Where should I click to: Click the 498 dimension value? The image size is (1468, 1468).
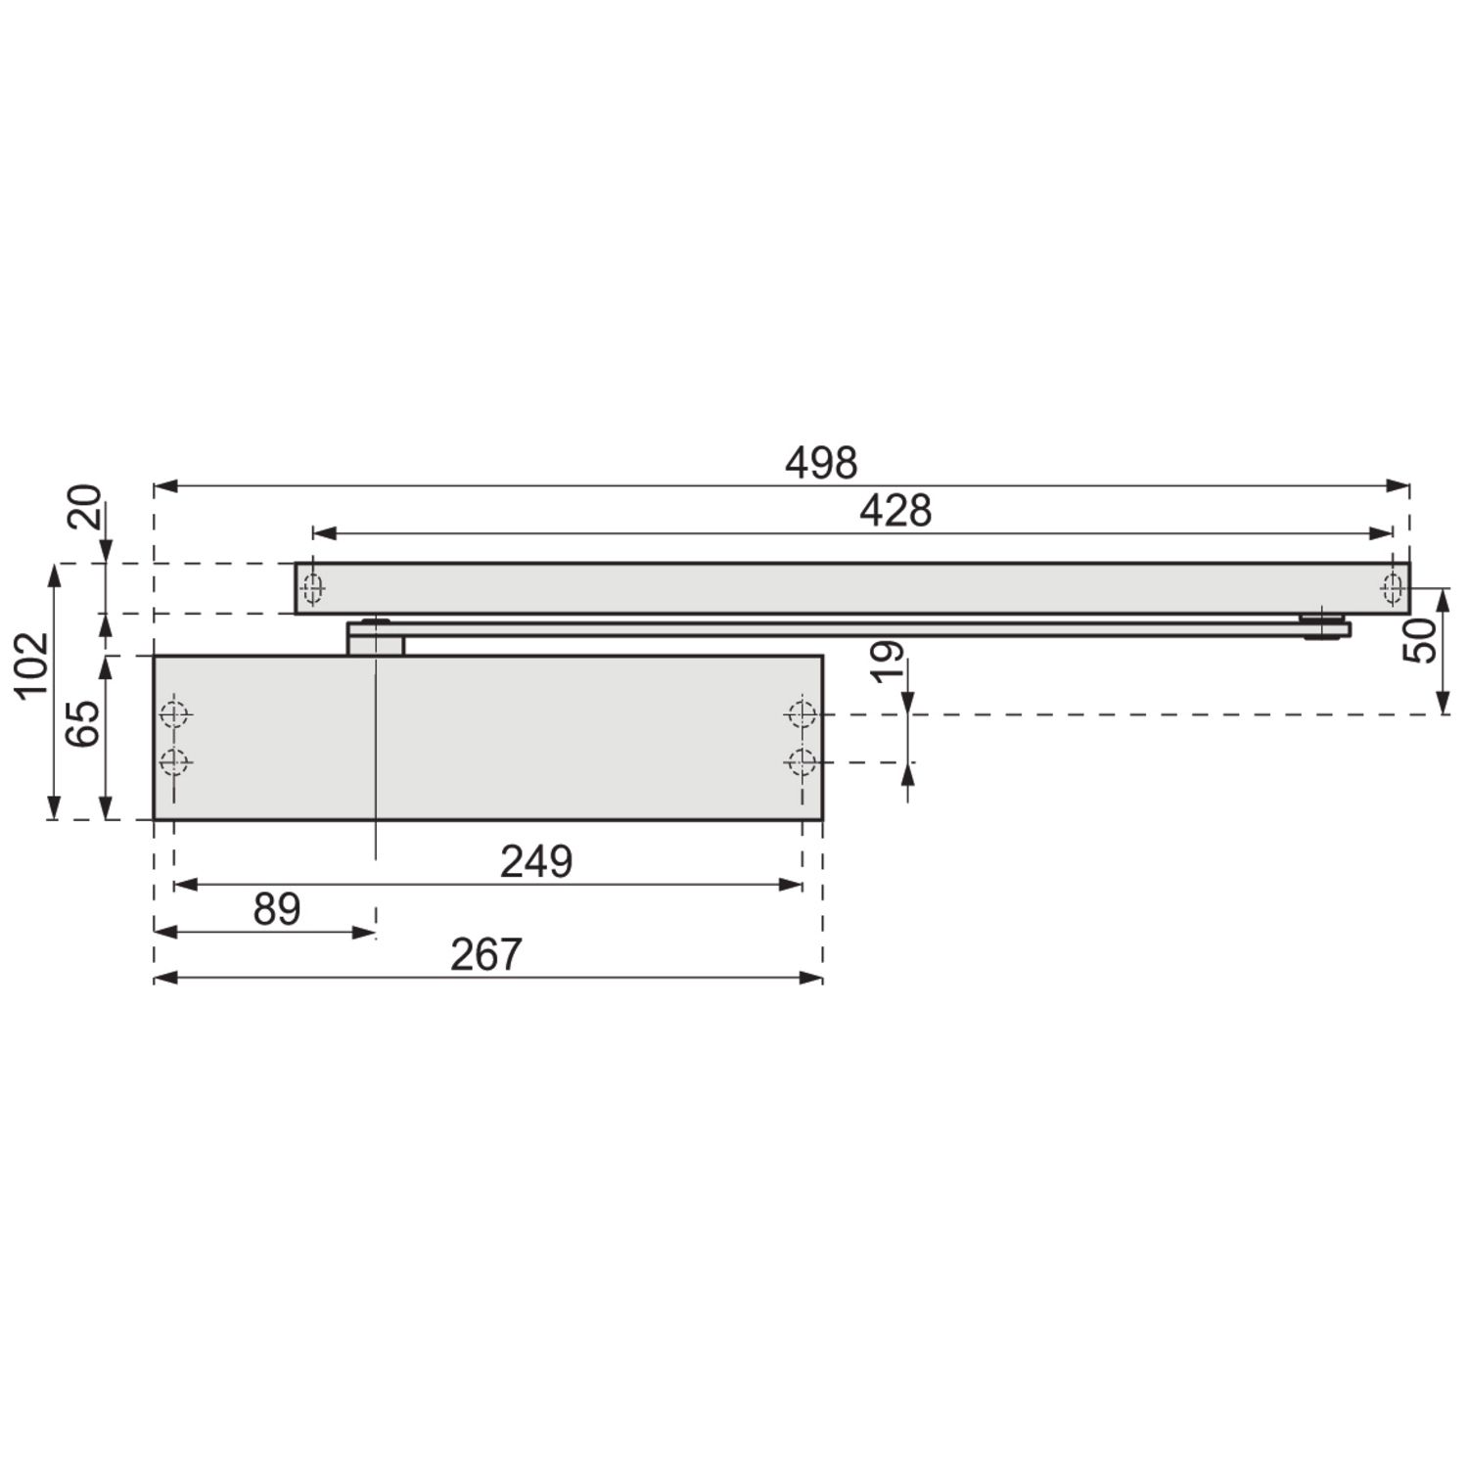pyautogui.click(x=821, y=462)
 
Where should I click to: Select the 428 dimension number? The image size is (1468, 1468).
pyautogui.click(x=895, y=511)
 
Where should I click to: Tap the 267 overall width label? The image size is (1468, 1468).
pyautogui.click(x=486, y=954)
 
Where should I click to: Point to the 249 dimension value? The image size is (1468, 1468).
pyautogui.click(x=536, y=862)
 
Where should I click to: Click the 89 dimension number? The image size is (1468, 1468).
pyautogui.click(x=277, y=909)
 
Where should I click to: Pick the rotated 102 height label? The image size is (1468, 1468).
pyautogui.click(x=31, y=664)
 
